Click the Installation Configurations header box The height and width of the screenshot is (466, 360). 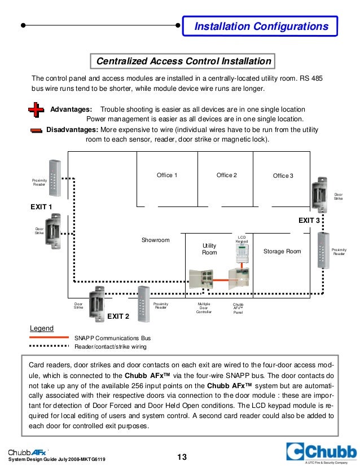pyautogui.click(x=260, y=27)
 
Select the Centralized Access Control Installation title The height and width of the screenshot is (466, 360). pyautogui.click(x=183, y=61)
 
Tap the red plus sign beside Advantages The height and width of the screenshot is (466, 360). pyautogui.click(x=36, y=109)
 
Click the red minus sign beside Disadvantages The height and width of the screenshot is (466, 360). pyautogui.click(x=36, y=130)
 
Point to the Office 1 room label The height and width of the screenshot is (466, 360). pyautogui.click(x=167, y=175)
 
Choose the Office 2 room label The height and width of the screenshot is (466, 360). pyautogui.click(x=227, y=175)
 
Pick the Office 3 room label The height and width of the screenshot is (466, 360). pyautogui.click(x=283, y=176)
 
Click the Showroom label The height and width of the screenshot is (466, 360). pyautogui.click(x=156, y=240)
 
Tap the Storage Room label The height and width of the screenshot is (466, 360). pyautogui.click(x=282, y=251)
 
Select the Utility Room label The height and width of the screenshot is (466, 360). pyautogui.click(x=209, y=249)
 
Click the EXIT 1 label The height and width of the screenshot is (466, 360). pyautogui.click(x=41, y=207)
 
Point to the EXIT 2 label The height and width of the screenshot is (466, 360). pyautogui.click(x=118, y=316)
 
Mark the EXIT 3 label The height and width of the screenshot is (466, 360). pyautogui.click(x=309, y=220)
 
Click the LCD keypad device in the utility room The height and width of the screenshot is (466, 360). pyautogui.click(x=242, y=258)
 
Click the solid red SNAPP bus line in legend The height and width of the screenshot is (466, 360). pyautogui.click(x=50, y=337)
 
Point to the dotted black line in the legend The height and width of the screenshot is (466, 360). pyautogui.click(x=50, y=347)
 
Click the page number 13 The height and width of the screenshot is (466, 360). pyautogui.click(x=182, y=457)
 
